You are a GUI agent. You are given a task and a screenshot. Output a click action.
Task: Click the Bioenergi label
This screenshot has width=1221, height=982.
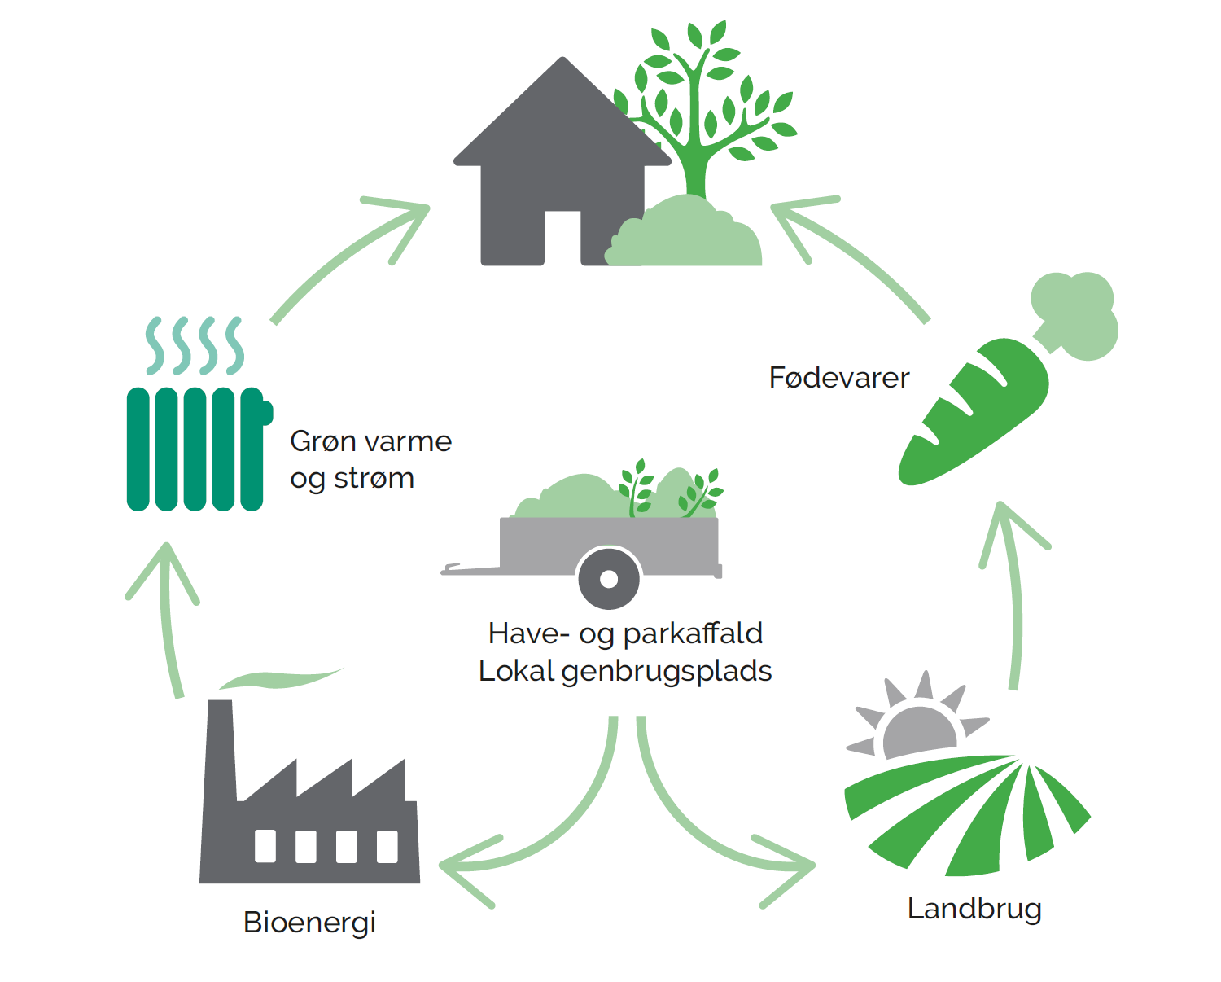pos(309,923)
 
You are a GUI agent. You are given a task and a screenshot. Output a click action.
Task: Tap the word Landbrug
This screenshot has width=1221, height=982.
pos(974,909)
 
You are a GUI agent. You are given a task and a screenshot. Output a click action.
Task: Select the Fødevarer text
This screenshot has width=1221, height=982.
pos(838,378)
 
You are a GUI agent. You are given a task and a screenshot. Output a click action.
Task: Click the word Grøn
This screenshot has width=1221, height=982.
pos(322,441)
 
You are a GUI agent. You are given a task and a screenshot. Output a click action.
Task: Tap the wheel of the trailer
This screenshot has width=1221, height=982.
pos(608,579)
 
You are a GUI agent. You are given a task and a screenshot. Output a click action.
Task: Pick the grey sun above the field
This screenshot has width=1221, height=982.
pos(918,729)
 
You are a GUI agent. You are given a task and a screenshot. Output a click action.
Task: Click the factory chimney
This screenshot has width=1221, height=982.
pos(221,749)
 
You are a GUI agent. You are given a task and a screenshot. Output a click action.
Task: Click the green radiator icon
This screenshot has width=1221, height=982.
pos(195,448)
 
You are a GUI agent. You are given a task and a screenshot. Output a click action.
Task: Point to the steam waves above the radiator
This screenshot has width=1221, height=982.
pos(194,344)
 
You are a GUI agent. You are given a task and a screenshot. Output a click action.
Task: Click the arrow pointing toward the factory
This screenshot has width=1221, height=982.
pos(537,847)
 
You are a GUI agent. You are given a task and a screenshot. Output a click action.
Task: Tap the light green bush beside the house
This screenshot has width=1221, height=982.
pos(688,236)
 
